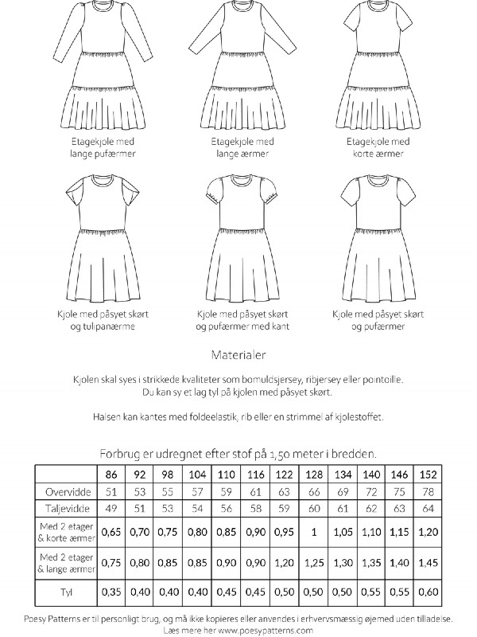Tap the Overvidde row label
64,491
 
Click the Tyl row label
64,593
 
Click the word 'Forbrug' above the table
121,453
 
